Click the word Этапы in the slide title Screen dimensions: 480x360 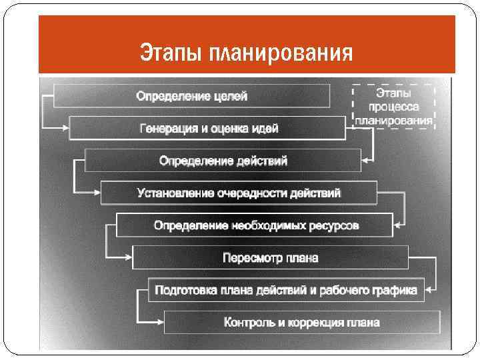point(171,51)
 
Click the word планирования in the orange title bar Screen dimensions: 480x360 point(281,52)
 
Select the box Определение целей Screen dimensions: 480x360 point(191,96)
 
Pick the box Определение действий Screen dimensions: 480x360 point(223,161)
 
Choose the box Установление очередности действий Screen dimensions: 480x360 point(239,193)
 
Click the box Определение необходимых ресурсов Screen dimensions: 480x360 point(255,225)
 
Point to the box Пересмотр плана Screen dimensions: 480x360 point(270,257)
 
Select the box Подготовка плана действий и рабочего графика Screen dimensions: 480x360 point(286,290)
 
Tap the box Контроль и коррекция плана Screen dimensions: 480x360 point(301,323)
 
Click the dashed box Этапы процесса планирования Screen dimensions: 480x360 point(393,106)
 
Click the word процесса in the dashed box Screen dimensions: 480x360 point(393,107)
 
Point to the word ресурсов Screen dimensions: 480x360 point(334,225)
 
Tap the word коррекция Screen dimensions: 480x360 point(312,323)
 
